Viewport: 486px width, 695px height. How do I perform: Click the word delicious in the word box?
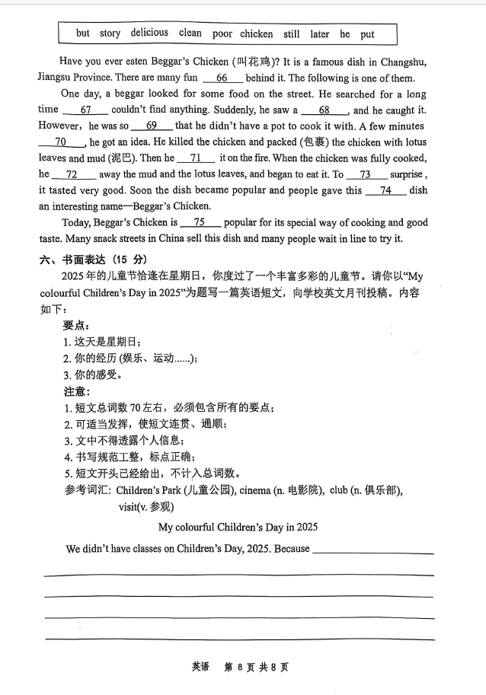[x=149, y=33]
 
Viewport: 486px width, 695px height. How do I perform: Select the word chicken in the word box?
[x=256, y=33]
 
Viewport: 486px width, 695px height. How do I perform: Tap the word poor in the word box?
[x=222, y=33]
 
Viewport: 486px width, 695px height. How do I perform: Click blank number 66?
[x=222, y=78]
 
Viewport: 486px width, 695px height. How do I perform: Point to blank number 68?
[x=324, y=110]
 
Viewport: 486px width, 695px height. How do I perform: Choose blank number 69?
[x=151, y=126]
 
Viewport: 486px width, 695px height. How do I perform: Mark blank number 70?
[x=61, y=142]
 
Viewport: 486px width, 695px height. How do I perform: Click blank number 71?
[x=196, y=158]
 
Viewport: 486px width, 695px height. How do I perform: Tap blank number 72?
[x=72, y=174]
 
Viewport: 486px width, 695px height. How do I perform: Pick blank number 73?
[x=365, y=174]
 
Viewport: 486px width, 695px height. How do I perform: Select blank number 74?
[x=385, y=190]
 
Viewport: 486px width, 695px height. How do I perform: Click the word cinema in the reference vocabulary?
[x=254, y=490]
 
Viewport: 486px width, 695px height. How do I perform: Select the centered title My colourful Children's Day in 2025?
[x=238, y=527]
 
